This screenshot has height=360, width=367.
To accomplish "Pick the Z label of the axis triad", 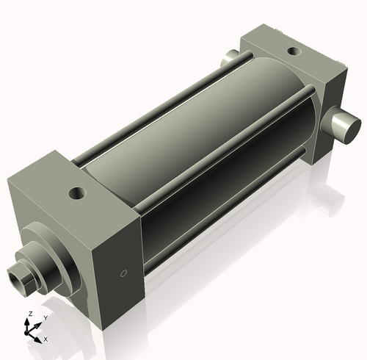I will (29, 314).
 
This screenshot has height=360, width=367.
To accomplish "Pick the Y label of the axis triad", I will (45, 317).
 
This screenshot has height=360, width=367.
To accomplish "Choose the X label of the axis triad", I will (46, 339).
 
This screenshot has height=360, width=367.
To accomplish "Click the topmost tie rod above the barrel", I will (154, 110).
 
